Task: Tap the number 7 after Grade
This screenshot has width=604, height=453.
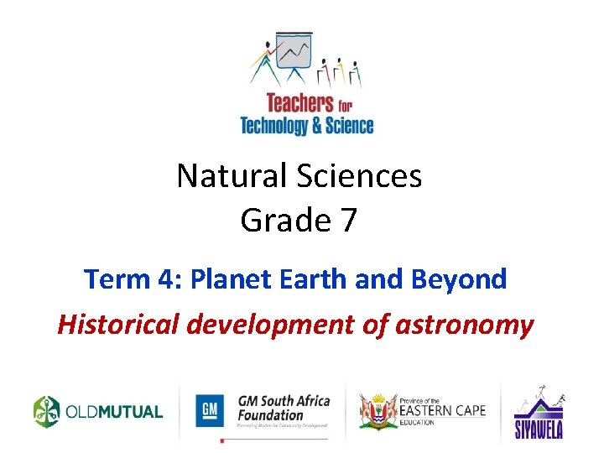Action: (348, 220)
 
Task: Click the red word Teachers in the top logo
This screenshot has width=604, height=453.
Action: (299, 104)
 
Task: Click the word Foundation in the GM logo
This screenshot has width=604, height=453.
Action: (269, 414)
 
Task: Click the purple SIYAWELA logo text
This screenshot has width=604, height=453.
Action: (539, 430)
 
